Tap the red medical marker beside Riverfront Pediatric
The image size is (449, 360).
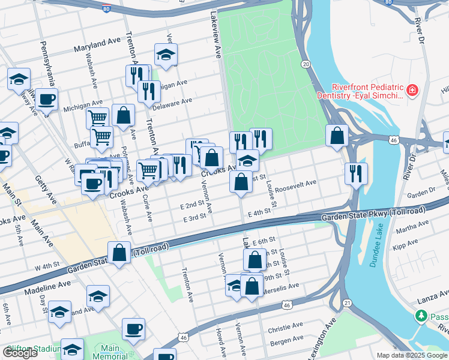point(412,91)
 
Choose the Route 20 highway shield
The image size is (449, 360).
point(306,64)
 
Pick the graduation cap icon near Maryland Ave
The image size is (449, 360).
point(166,55)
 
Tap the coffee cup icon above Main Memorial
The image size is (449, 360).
point(133,329)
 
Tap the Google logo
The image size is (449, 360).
point(19,353)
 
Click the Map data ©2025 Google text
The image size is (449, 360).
point(412,355)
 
